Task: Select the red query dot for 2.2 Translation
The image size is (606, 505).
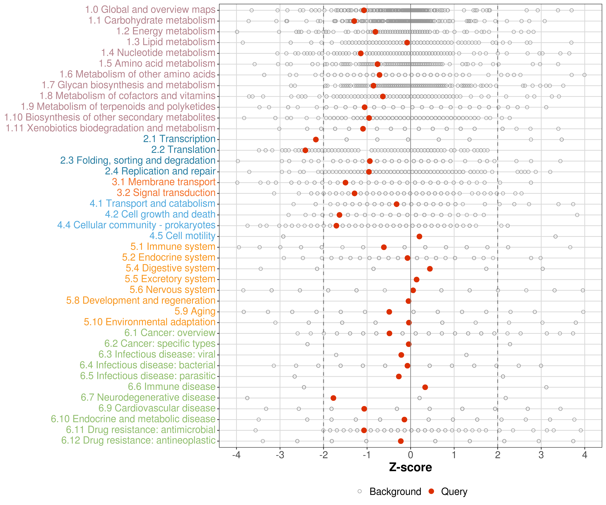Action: point(305,150)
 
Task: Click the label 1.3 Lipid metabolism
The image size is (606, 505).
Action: point(171,42)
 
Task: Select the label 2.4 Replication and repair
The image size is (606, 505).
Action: point(160,171)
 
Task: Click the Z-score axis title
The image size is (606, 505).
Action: point(410,467)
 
